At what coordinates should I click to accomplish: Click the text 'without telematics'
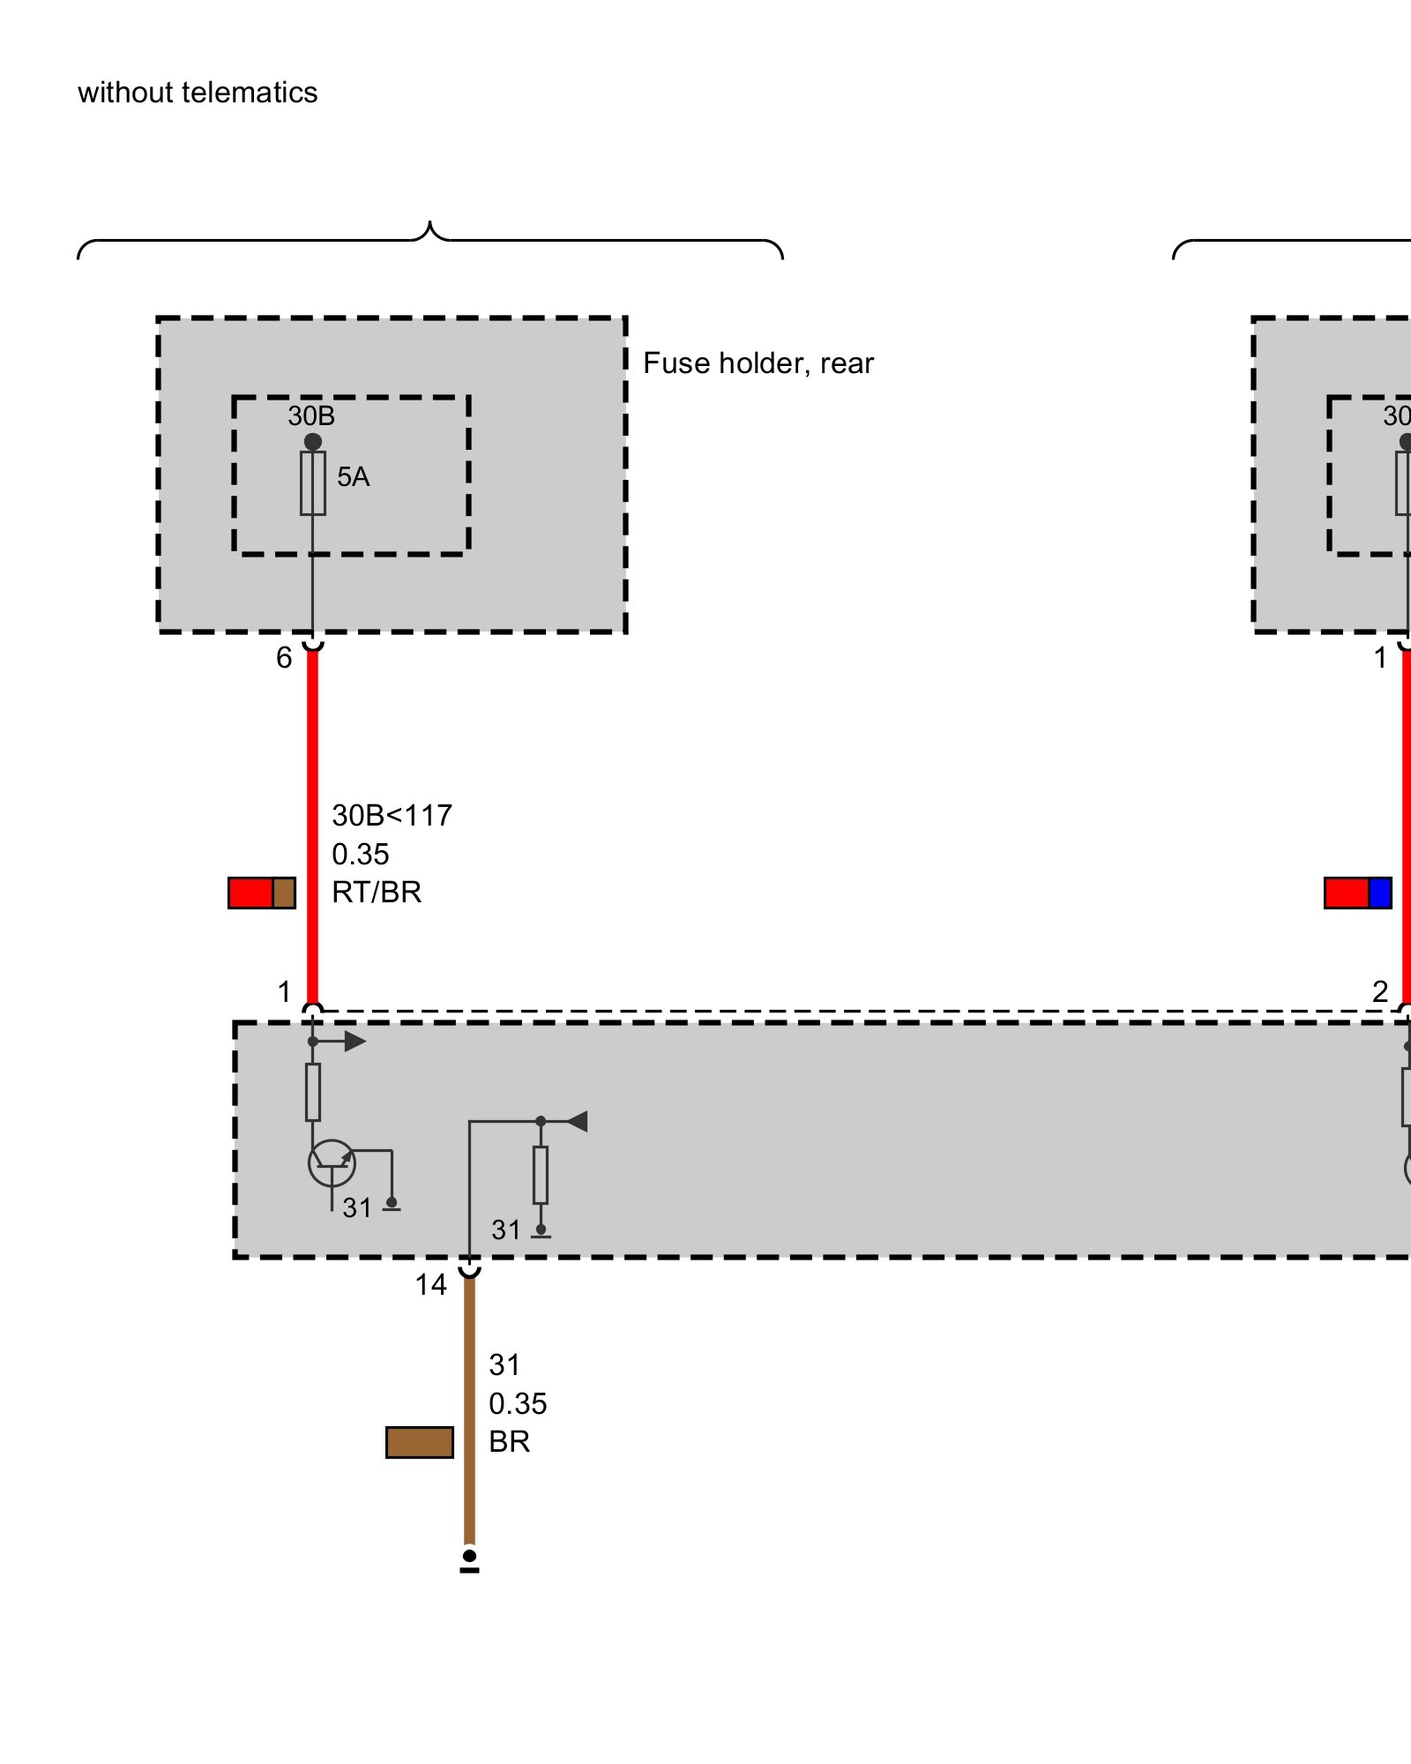pos(198,93)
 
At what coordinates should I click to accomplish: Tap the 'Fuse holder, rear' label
pos(758,363)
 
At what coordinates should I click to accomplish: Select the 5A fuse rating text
pos(353,477)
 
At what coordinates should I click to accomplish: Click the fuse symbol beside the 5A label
pos(313,483)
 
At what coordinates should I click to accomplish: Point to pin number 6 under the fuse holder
pos(284,658)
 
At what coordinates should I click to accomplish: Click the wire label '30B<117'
pos(392,816)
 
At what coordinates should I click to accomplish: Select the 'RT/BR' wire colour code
pos(377,893)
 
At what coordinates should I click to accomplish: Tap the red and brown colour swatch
pos(261,893)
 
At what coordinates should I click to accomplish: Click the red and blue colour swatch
pos(1357,893)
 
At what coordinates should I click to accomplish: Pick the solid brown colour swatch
pos(420,1442)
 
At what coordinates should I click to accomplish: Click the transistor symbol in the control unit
pos(332,1163)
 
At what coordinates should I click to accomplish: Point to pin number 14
pos(430,1285)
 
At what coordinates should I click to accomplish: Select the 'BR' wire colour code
pos(509,1442)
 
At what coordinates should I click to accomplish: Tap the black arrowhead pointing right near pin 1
pos(355,1042)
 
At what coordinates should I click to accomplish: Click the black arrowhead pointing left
pos(578,1122)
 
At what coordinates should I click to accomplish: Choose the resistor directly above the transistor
pos(313,1092)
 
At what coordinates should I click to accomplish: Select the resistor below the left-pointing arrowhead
pos(541,1175)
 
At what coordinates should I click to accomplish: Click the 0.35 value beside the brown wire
pos(518,1403)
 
